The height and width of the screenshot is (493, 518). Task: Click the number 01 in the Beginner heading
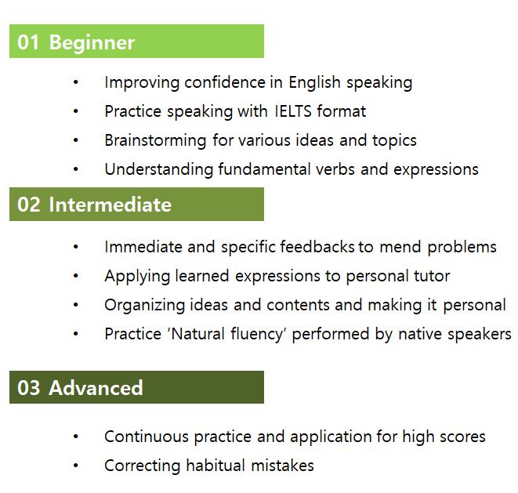[x=28, y=42]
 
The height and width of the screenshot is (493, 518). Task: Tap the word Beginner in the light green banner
[x=92, y=43]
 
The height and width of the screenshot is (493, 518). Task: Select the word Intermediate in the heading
[x=110, y=205]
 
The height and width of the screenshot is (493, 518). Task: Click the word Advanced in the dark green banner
[x=96, y=387]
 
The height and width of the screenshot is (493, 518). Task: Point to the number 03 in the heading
[x=28, y=388]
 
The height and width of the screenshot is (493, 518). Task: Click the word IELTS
[x=293, y=111]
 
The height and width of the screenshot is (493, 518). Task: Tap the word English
[x=314, y=82]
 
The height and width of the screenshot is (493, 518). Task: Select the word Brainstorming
[x=155, y=140]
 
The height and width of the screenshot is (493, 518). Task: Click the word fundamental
[x=264, y=169]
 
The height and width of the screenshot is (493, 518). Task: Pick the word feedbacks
[x=317, y=247]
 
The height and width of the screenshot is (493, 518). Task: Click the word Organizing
[x=144, y=306]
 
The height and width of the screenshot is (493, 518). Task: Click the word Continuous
[x=146, y=437]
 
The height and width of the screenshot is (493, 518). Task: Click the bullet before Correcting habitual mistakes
[x=76, y=466]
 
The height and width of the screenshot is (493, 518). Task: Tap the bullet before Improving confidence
[x=76, y=82]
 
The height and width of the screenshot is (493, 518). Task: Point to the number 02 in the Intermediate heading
[x=29, y=205]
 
